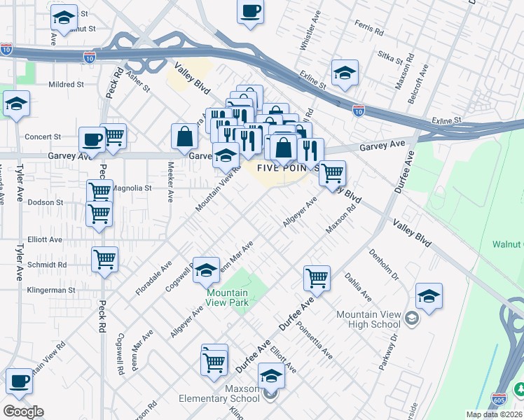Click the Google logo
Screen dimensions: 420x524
click(23, 412)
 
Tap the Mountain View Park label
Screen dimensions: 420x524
click(227, 299)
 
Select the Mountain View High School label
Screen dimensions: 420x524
click(368, 320)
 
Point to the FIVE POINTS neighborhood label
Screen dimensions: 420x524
click(287, 168)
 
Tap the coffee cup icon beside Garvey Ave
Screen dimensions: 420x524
click(92, 139)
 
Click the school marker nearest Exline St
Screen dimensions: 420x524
click(345, 73)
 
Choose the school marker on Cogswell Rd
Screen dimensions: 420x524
click(207, 270)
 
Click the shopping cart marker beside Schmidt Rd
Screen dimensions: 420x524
click(104, 259)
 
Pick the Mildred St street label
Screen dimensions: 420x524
click(66, 84)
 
